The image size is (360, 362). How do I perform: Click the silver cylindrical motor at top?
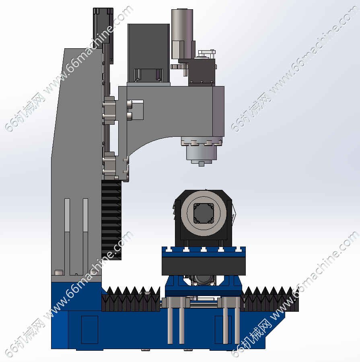182,33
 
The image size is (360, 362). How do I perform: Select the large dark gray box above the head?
148,53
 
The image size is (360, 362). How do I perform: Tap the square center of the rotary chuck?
204,213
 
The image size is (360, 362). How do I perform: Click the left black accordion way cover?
131,299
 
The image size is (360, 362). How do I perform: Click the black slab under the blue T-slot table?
204,266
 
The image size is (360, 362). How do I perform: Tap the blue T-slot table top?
204,252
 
